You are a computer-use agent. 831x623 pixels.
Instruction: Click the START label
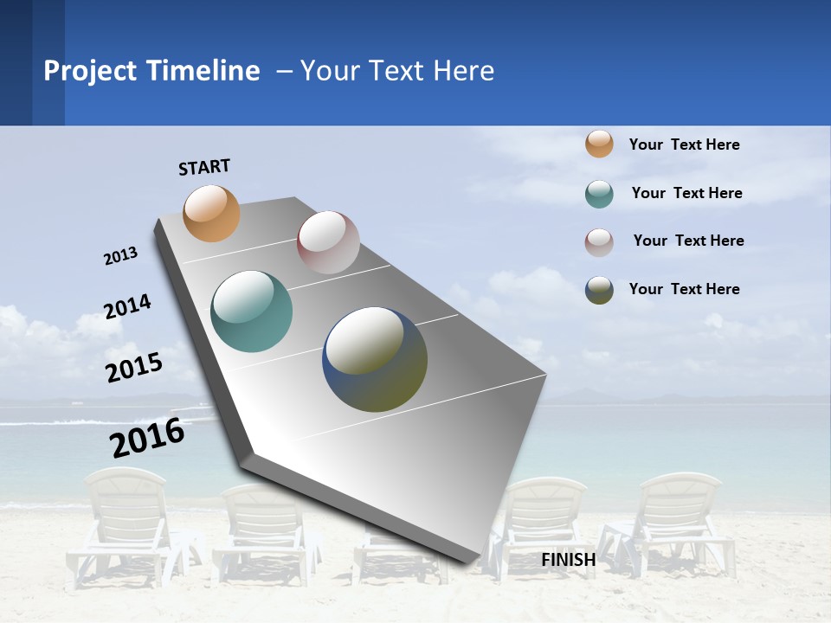click(204, 167)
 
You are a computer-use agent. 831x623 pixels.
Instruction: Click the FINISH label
click(569, 560)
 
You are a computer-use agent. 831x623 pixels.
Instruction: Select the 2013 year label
click(121, 255)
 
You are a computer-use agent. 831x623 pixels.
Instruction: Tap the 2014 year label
click(127, 306)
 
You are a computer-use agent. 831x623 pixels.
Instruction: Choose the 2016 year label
click(147, 438)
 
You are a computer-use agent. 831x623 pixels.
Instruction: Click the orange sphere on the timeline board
click(212, 213)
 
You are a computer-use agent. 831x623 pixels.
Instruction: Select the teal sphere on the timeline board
click(251, 311)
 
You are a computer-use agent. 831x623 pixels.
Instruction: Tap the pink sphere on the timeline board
click(328, 242)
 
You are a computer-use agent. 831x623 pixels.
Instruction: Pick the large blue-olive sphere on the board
click(375, 359)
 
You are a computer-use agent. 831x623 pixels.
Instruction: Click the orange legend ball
click(599, 144)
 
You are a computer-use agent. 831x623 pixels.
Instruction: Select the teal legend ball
click(599, 194)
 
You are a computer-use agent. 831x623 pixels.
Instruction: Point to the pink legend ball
click(599, 242)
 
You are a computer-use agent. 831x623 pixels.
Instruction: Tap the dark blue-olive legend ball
click(599, 290)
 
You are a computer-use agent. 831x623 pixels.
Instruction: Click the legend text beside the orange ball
click(684, 145)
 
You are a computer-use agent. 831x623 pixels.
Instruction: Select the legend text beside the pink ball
click(688, 241)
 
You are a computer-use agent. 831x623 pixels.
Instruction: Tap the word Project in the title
click(91, 71)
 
